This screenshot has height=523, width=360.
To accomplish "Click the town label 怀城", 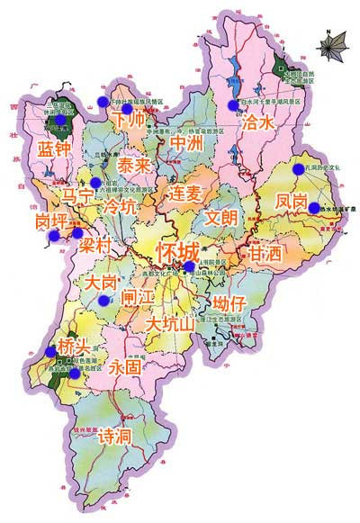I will pyautogui.click(x=177, y=249).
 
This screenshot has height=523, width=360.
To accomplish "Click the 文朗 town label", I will pyautogui.click(x=221, y=217).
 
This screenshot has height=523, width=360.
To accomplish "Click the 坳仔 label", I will pyautogui.click(x=229, y=303).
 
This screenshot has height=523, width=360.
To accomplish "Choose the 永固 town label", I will pyautogui.click(x=126, y=367).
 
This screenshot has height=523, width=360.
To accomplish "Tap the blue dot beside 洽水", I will pyautogui.click(x=233, y=104).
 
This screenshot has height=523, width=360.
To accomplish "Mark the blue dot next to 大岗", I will pyautogui.click(x=106, y=301).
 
